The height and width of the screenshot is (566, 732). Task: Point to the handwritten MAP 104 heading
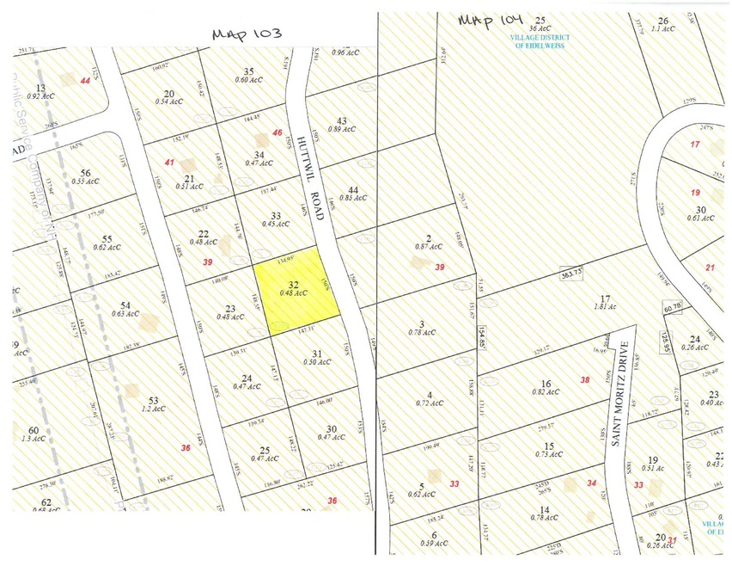point(491,19)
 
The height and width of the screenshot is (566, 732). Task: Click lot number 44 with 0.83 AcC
point(353,192)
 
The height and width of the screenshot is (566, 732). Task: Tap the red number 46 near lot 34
point(278,132)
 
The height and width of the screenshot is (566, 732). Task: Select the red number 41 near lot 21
point(170,162)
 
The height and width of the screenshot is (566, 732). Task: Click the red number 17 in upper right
point(695,144)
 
